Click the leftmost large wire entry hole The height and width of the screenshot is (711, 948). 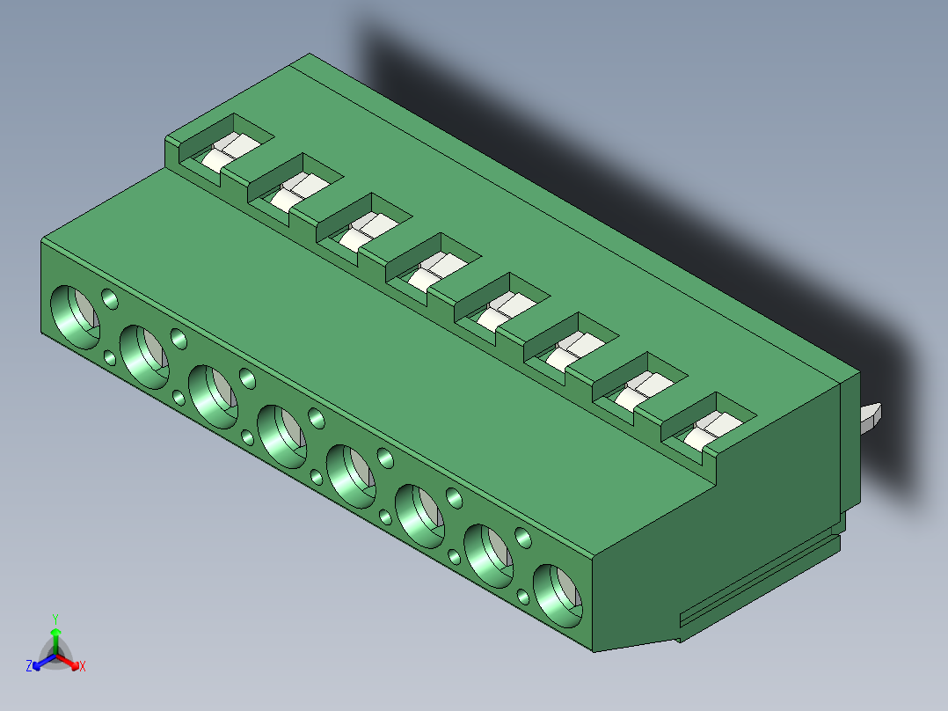(75, 317)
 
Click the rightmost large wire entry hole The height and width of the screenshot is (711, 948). (558, 596)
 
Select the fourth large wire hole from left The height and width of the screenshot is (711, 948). (281, 436)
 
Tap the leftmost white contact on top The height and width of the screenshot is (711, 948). (230, 152)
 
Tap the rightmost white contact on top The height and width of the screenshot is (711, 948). (713, 430)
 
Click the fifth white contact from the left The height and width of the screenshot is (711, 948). (506, 311)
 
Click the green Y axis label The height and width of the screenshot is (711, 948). (55, 619)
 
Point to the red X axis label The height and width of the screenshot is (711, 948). (83, 666)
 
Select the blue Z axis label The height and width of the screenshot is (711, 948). (28, 665)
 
